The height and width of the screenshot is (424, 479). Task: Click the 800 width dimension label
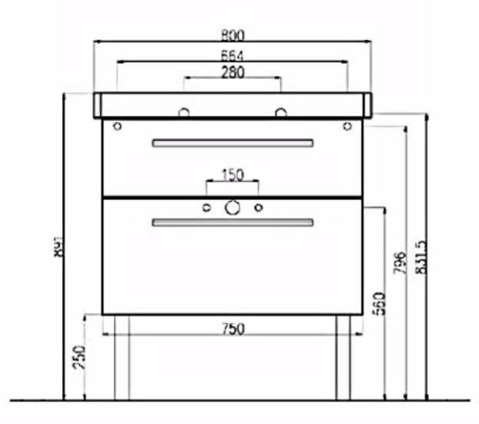pos(233,35)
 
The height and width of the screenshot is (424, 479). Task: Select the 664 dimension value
pos(232,55)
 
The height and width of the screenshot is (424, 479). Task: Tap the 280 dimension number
pos(232,72)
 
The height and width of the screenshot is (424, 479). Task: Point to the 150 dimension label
pos(232,175)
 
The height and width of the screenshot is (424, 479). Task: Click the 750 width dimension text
pos(232,328)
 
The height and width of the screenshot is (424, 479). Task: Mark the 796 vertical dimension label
pos(401,262)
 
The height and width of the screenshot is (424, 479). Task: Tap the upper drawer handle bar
pos(232,143)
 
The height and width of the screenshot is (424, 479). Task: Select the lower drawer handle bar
pos(232,223)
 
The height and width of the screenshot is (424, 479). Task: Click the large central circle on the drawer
pos(232,208)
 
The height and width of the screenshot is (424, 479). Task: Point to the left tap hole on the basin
pos(184,112)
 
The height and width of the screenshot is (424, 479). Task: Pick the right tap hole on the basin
pos(281,112)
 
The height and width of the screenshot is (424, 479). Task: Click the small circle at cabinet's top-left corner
pos(117,126)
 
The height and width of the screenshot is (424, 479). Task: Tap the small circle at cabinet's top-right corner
pos(347,126)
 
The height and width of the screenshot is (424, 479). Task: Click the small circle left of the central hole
pos(207,209)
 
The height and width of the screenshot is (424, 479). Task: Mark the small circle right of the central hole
pos(258,209)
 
